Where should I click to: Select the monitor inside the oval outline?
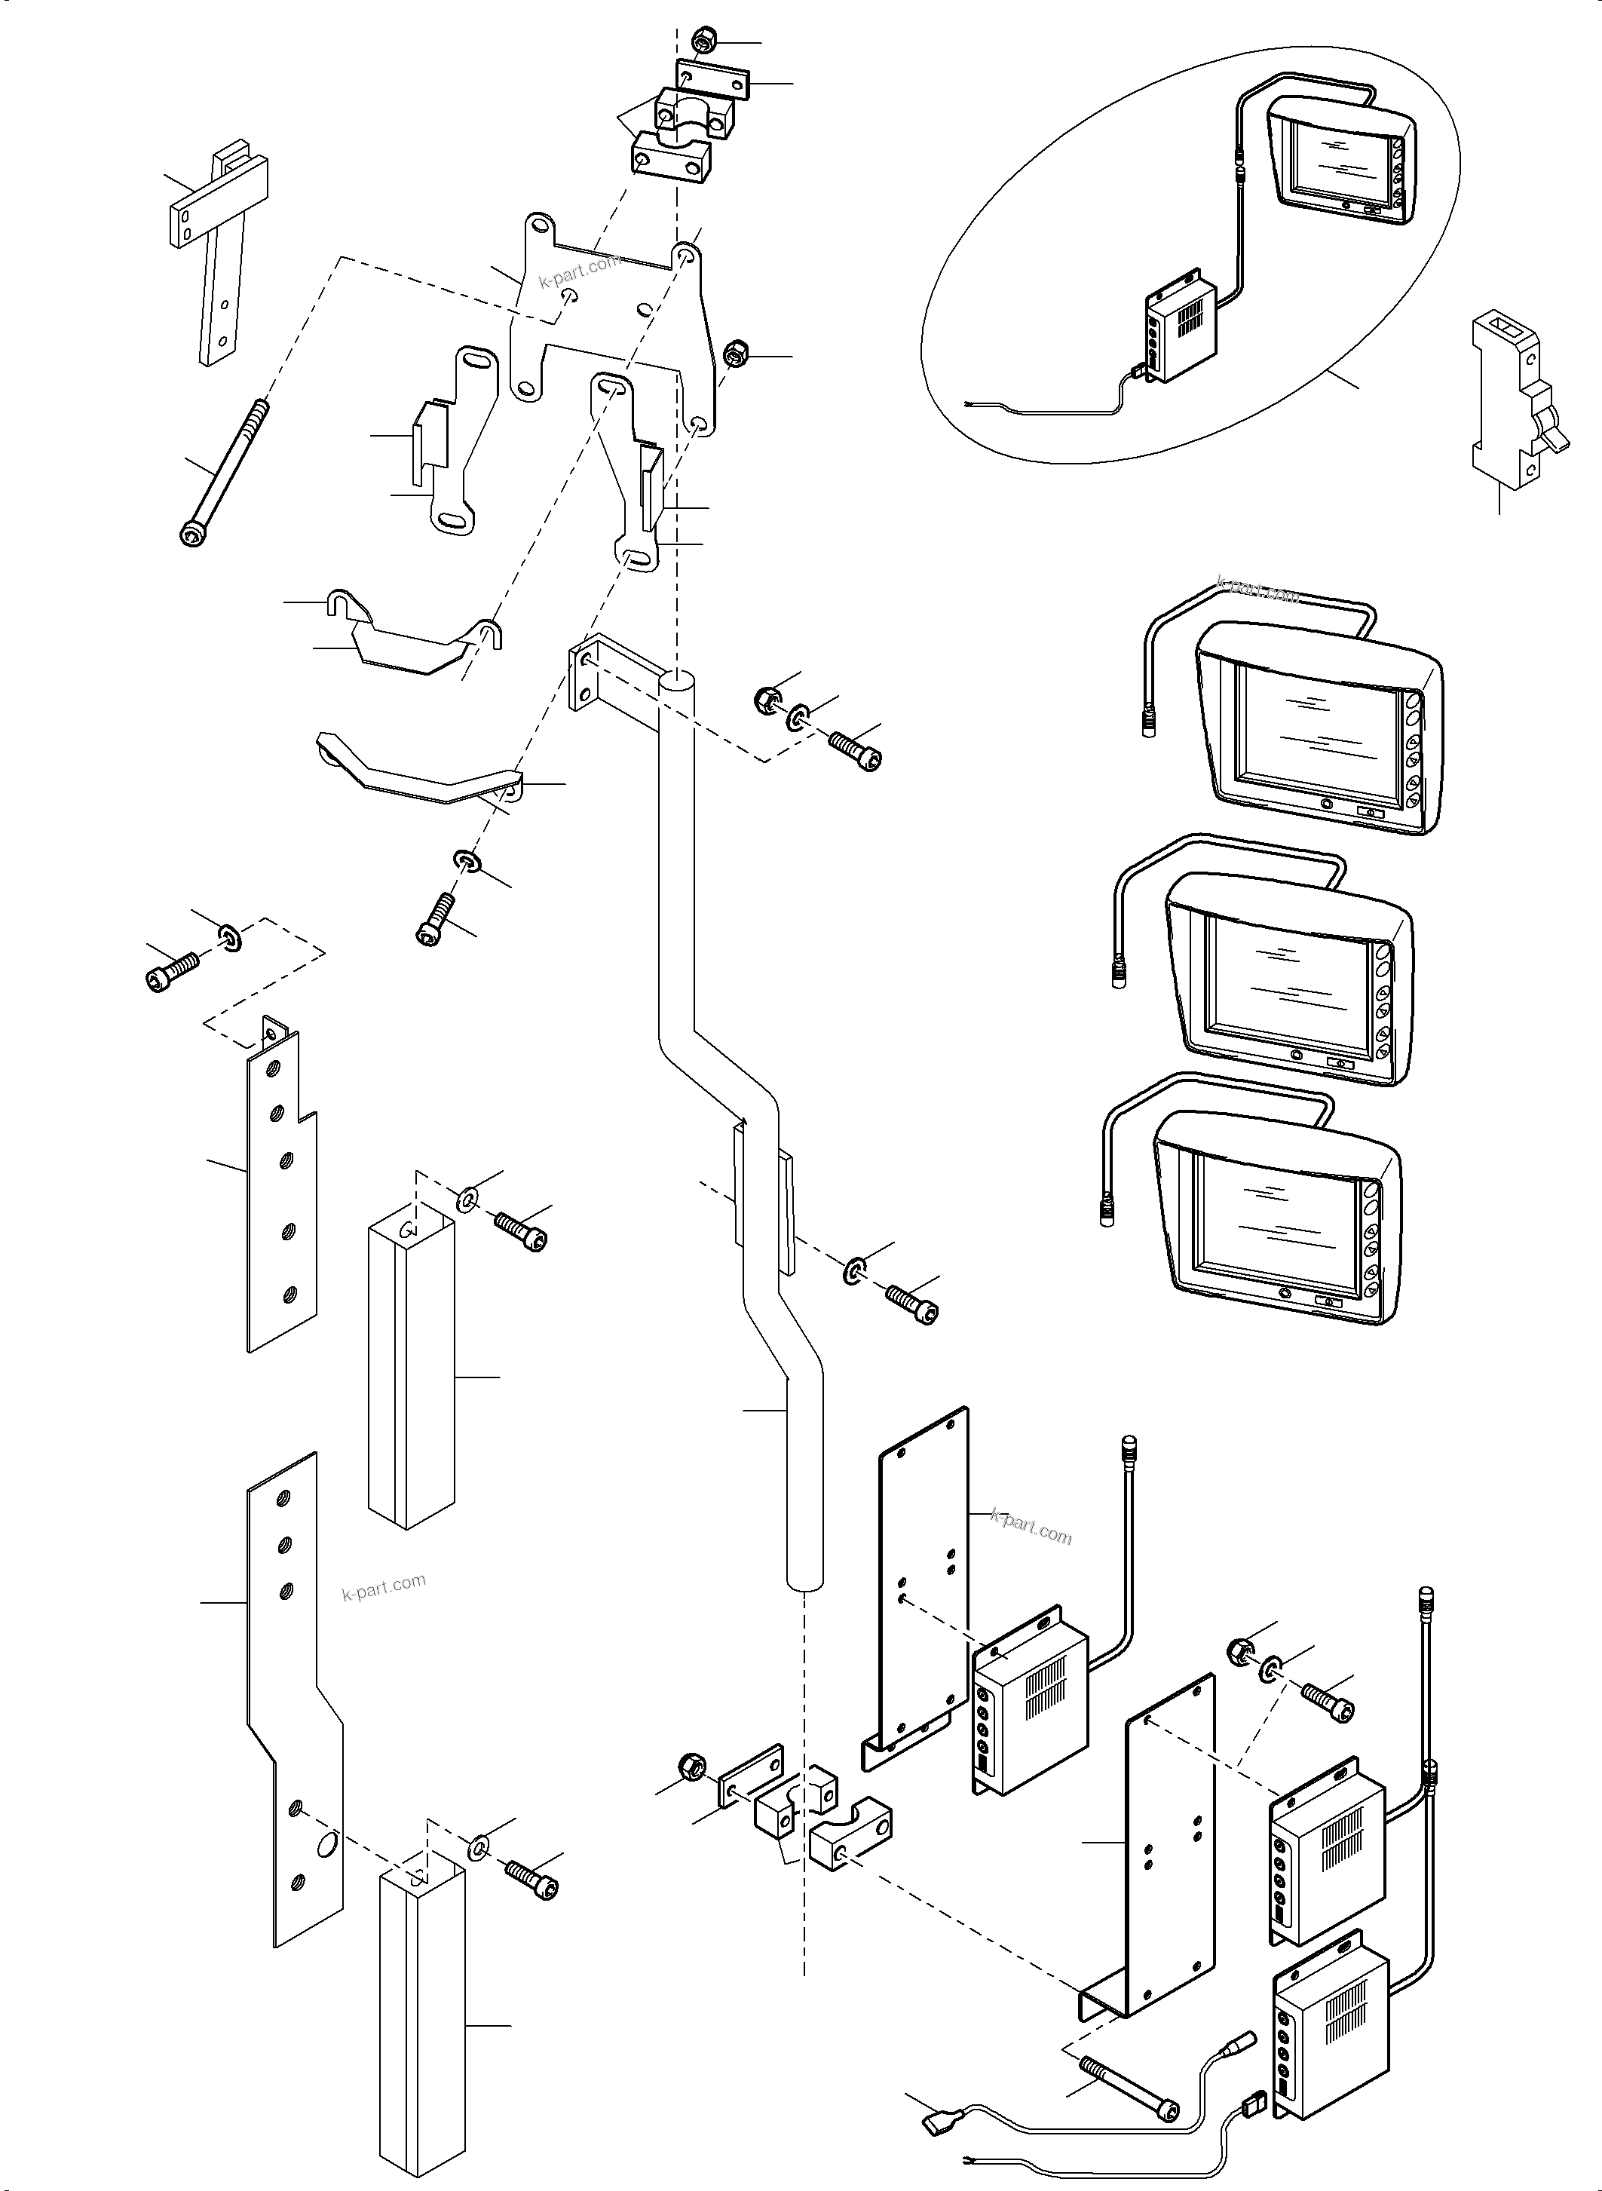click(1341, 163)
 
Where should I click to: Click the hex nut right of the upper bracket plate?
click(735, 353)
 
